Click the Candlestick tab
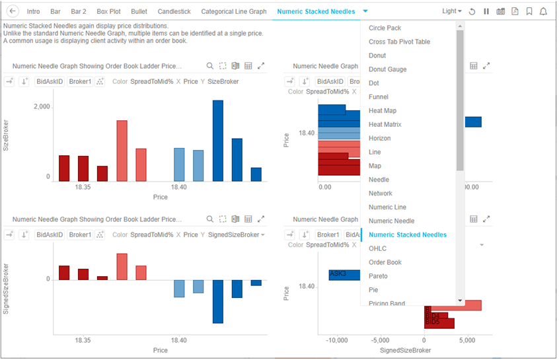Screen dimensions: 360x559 [174, 11]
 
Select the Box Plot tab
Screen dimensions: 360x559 [108, 11]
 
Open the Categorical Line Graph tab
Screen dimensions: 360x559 [233, 11]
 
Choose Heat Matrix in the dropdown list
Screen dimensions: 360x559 [385, 124]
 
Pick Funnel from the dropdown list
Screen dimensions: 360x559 [378, 97]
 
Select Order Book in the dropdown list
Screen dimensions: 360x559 [385, 262]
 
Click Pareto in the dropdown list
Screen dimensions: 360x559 [378, 276]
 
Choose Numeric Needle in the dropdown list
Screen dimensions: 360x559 [391, 221]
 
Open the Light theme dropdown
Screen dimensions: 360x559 [452, 11]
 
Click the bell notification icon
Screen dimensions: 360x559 [543, 11]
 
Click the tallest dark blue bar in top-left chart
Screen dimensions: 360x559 [217, 140]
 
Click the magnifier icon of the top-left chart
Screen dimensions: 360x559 [210, 66]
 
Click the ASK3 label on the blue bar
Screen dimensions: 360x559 [338, 273]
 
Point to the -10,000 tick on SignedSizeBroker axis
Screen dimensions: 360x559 [336, 341]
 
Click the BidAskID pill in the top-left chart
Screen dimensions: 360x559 [50, 81]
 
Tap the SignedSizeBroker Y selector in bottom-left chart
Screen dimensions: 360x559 [236, 234]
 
